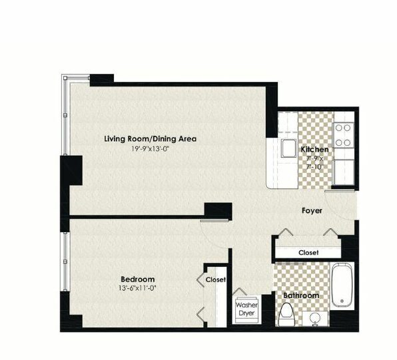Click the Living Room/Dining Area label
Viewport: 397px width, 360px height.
(x=150, y=139)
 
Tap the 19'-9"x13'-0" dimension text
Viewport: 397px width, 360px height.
(x=150, y=149)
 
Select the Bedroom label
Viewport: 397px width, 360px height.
(x=138, y=279)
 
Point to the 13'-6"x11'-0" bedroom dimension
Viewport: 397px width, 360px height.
(x=138, y=288)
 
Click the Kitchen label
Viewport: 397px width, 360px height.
(x=314, y=149)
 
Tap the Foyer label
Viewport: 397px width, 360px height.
(x=312, y=210)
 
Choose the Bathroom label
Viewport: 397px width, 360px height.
(x=301, y=295)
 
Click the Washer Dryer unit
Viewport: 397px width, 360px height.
(x=246, y=309)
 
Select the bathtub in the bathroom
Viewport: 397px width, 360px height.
(x=342, y=285)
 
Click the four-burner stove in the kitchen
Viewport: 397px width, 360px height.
(x=343, y=135)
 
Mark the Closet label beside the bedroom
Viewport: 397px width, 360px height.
(x=216, y=279)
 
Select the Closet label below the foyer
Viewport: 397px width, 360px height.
(x=308, y=252)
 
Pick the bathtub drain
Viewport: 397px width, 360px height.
(x=342, y=301)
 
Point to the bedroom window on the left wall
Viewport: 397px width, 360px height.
(x=65, y=262)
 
